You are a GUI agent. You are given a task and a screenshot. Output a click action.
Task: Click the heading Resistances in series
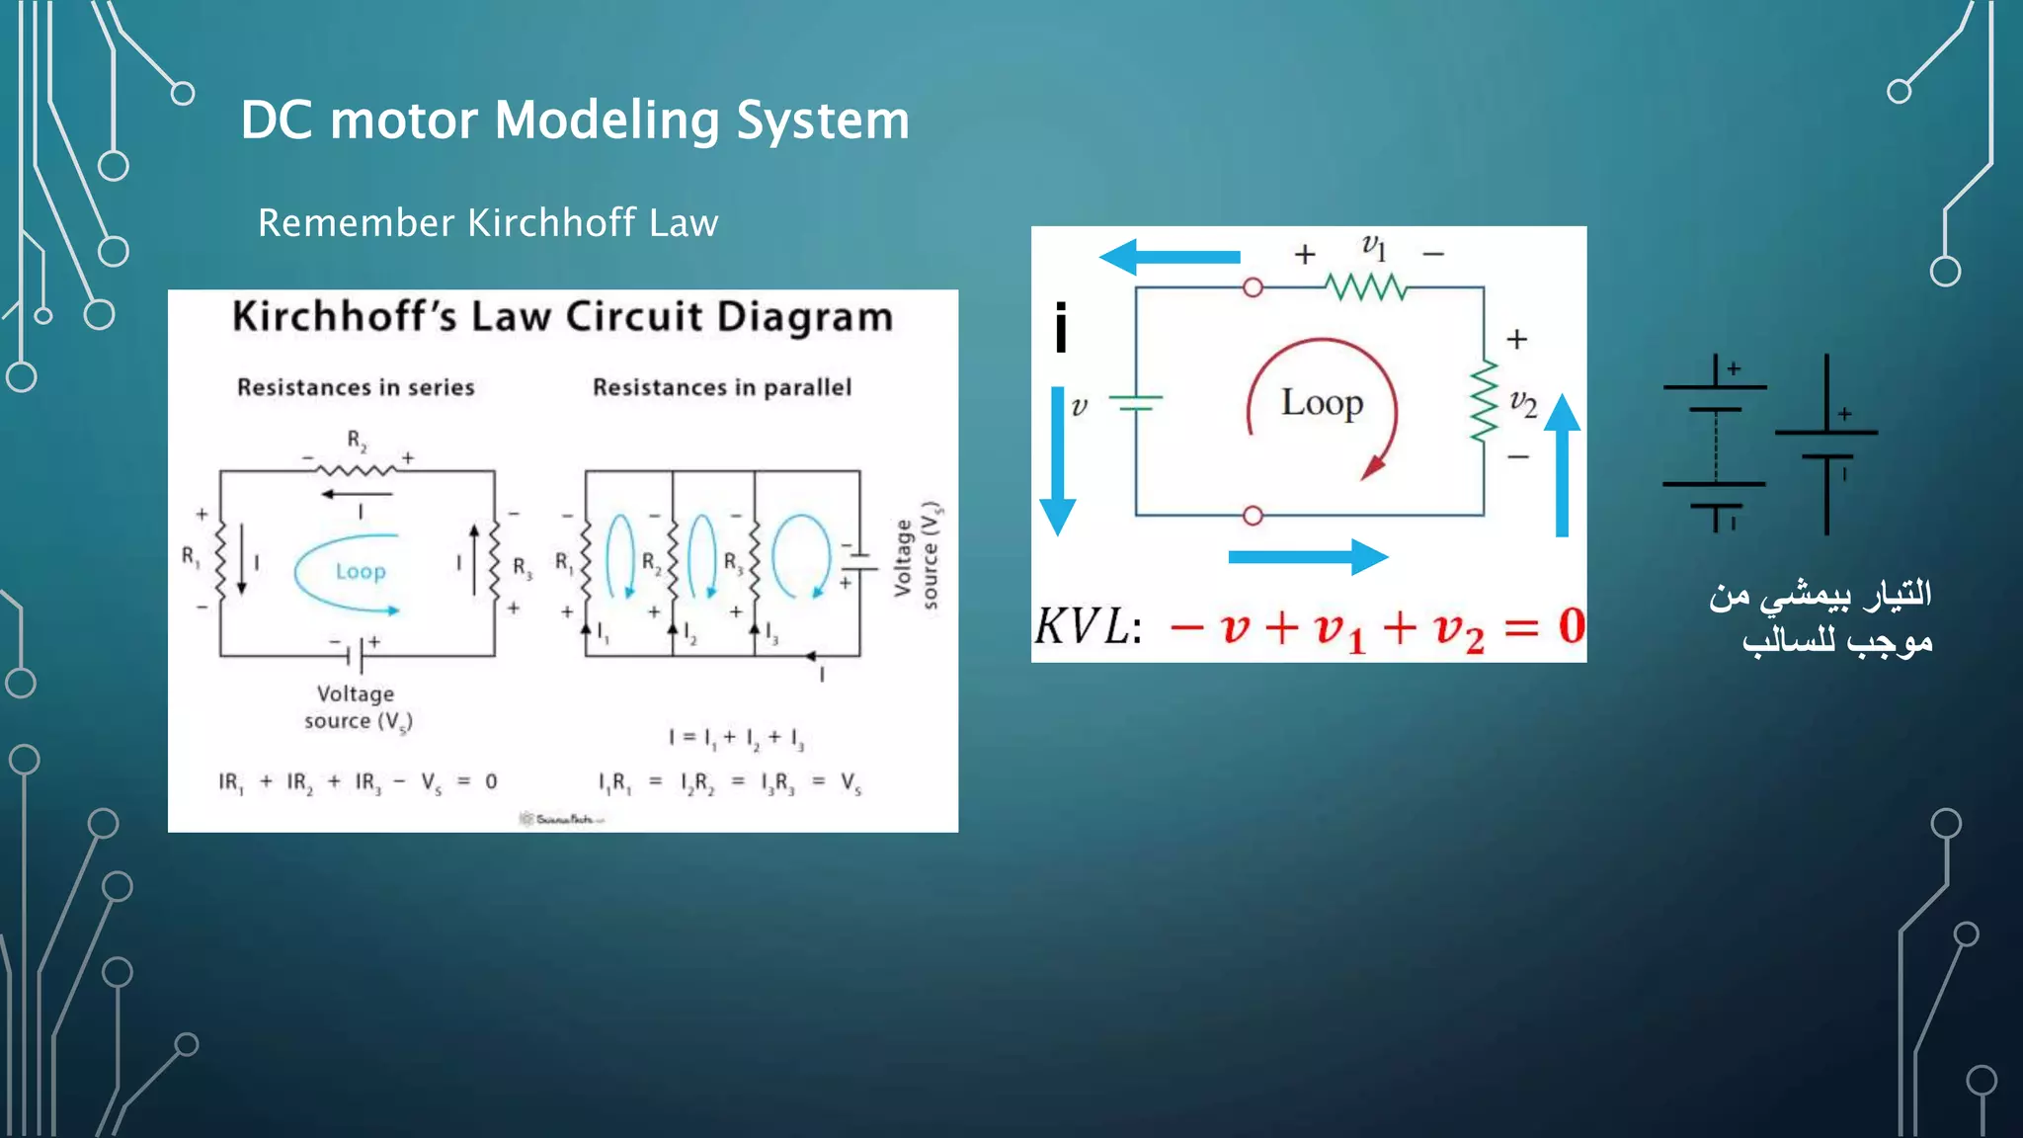coord(356,387)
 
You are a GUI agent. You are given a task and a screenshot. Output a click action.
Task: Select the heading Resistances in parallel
coord(721,387)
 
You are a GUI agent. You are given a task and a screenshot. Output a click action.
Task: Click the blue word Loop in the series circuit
coord(361,571)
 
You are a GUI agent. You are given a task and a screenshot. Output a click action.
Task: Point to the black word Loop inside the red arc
coord(1322,403)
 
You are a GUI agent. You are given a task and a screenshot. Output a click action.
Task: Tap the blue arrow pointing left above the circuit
coord(1170,257)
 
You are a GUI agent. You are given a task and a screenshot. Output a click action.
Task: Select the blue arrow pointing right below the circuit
coord(1308,557)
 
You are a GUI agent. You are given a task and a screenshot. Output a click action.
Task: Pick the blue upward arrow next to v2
coord(1562,464)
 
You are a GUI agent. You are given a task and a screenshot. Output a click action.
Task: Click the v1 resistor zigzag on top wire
coord(1366,287)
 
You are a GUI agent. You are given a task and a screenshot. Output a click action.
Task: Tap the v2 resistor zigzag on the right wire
coord(1484,402)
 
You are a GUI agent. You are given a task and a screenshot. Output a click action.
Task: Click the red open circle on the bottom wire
coord(1253,516)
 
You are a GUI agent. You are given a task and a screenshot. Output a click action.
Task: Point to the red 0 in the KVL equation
coord(1571,626)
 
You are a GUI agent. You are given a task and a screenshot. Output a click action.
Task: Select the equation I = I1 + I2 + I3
coord(736,737)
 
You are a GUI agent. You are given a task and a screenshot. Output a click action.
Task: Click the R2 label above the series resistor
coord(357,440)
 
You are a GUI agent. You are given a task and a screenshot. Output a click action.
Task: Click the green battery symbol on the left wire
coord(1136,402)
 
